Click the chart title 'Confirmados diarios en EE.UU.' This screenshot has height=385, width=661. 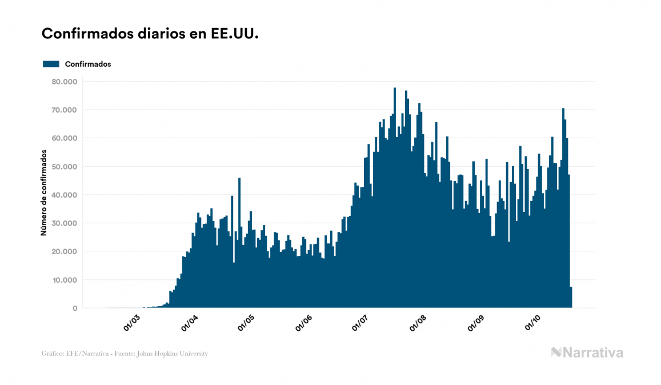coord(150,34)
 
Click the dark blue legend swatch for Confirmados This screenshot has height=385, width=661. coord(51,64)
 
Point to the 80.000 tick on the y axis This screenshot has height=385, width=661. coord(64,82)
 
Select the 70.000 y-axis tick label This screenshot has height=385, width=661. coord(64,110)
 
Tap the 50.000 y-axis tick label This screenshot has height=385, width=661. coord(64,167)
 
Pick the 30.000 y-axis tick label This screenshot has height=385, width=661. coord(64,223)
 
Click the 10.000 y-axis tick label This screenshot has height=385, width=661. coord(64,280)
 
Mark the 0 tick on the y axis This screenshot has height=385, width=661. coord(74,308)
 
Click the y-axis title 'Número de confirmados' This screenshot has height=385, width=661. coord(44,192)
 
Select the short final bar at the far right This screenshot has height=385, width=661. coord(571,298)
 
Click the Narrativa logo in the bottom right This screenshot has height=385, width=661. coord(587,352)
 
